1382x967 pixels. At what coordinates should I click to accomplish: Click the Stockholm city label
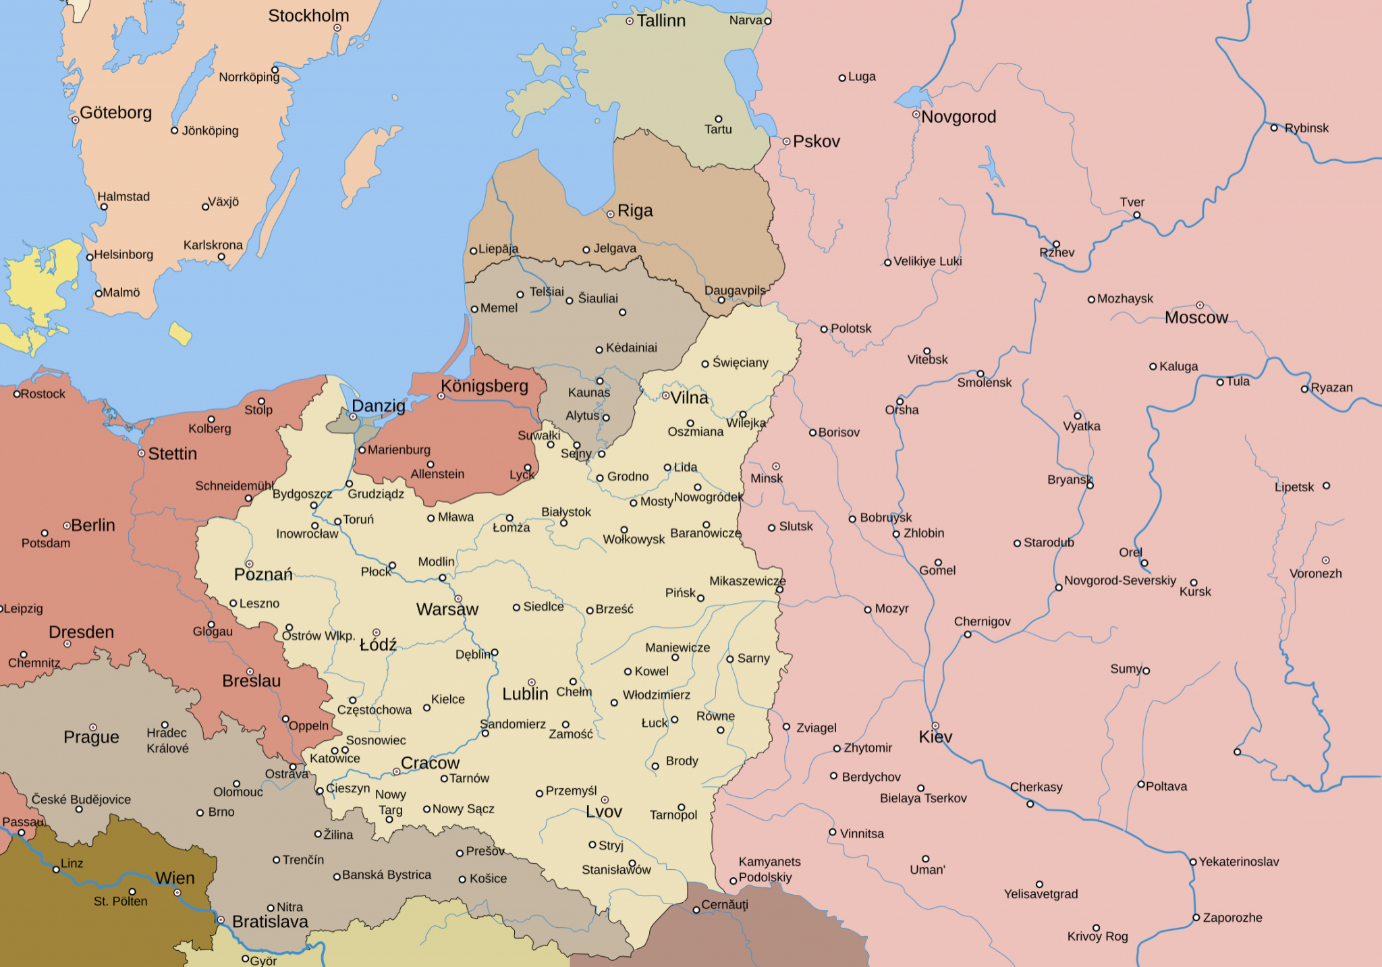pos(308,16)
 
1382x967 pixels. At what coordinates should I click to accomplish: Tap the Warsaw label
pos(447,609)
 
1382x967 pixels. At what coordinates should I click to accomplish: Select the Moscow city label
pos(1196,318)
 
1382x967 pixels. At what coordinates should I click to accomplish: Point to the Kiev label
pos(935,737)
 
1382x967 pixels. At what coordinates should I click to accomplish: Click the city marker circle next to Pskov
pos(786,142)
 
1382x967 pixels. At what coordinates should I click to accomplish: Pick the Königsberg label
pos(484,386)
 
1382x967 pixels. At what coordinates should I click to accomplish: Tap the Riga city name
pos(635,211)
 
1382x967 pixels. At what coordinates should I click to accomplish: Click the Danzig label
pos(378,406)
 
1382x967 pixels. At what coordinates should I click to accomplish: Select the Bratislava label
pos(270,922)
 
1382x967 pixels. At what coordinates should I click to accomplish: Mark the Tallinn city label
pos(661,21)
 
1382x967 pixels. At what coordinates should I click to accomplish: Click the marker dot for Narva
pos(767,21)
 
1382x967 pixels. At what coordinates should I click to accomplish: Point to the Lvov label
pos(603,812)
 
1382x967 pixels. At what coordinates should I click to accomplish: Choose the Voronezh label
pos(1315,574)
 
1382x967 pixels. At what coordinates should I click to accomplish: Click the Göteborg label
pos(115,113)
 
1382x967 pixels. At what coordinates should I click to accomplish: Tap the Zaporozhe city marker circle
pos(1196,918)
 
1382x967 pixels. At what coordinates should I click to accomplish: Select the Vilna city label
pos(689,398)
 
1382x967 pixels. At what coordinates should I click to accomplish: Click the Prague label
pos(91,737)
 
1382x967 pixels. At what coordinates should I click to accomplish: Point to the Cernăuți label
pos(724,905)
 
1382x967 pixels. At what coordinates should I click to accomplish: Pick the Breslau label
pos(251,681)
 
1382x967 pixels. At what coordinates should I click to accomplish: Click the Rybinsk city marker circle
pos(1274,128)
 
